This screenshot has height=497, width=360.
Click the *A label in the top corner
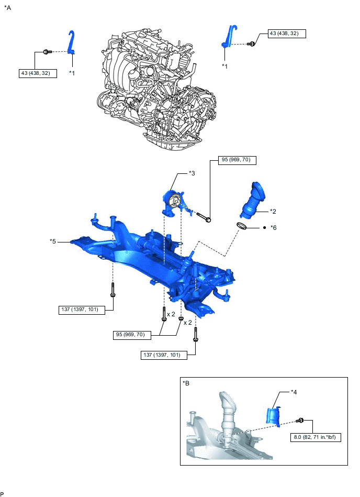(7, 8)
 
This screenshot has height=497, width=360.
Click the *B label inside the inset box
(186, 384)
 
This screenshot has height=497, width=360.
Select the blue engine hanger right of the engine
(229, 37)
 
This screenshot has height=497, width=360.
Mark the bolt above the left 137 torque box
(113, 290)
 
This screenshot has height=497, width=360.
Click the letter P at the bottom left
(3, 493)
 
